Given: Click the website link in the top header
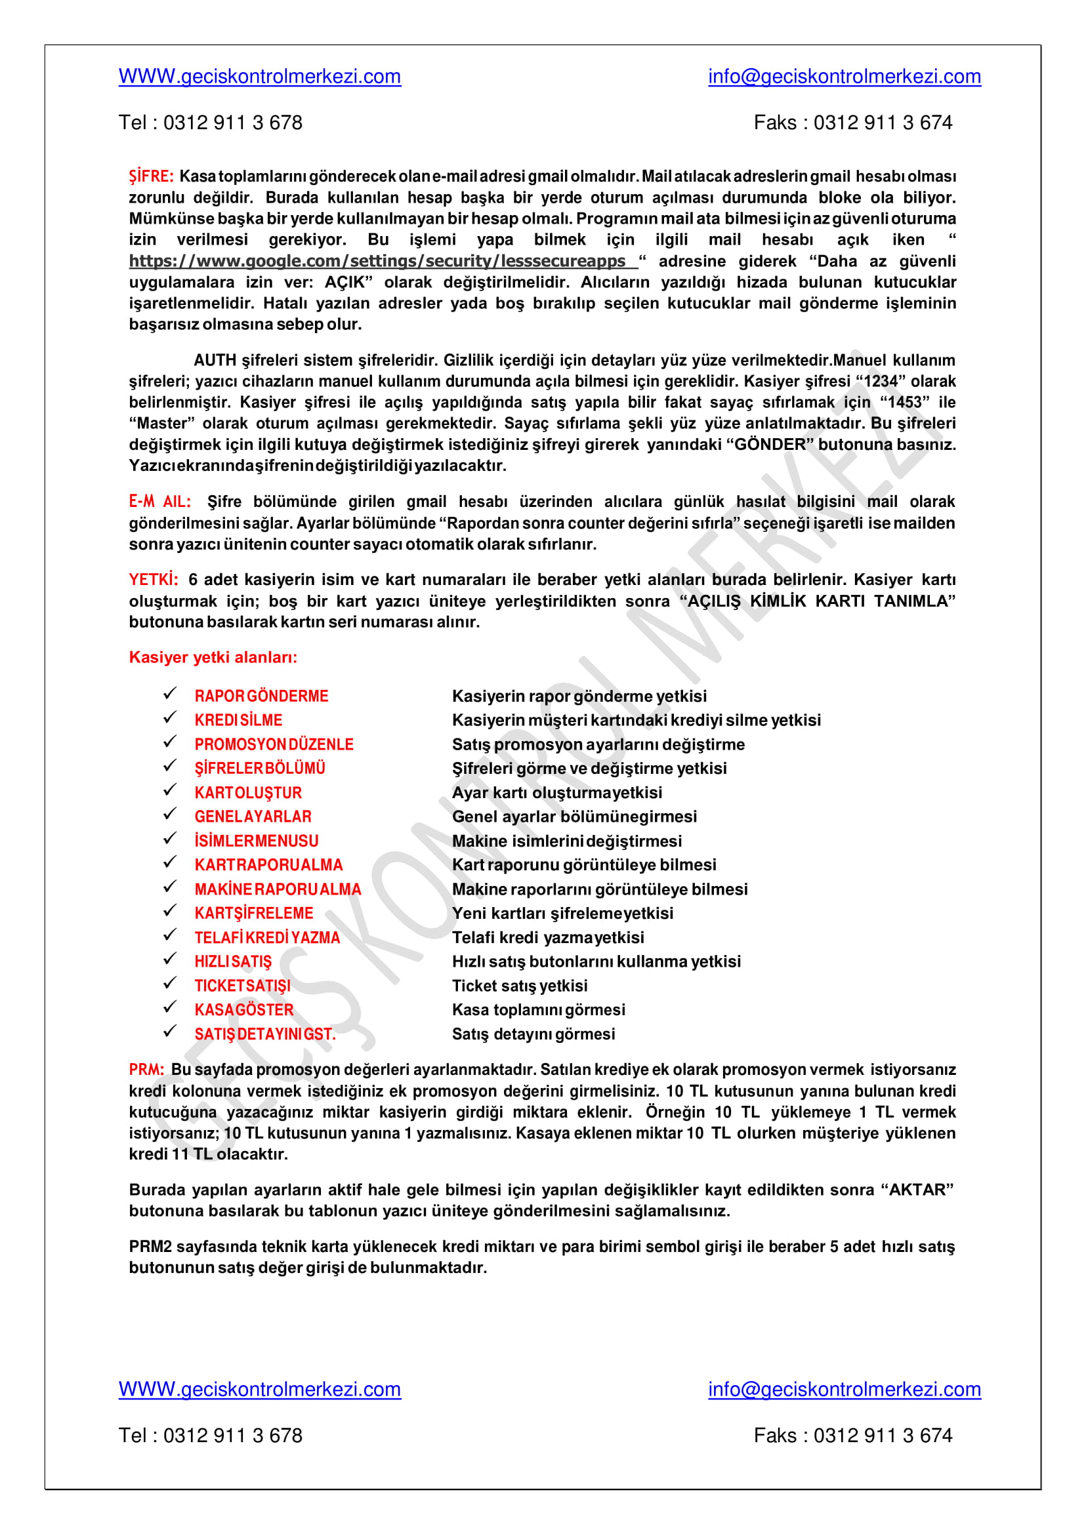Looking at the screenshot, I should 259,77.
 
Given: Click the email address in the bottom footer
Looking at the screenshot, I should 844,1389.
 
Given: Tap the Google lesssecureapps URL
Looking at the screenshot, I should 378,260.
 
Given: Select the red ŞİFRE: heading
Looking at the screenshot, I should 151,176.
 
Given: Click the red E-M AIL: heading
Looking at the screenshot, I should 160,501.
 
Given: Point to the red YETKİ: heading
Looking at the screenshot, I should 153,579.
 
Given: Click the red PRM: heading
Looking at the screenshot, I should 146,1070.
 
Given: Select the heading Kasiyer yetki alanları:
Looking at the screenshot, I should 213,657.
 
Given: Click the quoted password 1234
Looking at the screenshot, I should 880,381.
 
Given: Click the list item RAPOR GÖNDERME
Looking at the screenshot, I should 261,696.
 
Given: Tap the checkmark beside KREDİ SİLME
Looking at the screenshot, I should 170,718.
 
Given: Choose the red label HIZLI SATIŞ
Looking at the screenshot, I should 233,961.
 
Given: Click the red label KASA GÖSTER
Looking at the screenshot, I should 244,1009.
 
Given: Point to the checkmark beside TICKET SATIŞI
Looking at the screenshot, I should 170,983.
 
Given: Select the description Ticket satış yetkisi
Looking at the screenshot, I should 520,985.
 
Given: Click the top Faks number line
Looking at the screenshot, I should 852,123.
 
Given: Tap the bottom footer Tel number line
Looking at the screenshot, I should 210,1435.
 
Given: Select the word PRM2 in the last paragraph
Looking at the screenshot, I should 150,1246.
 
